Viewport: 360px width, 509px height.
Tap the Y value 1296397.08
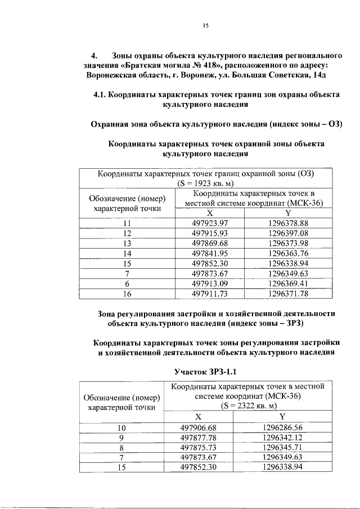[x=289, y=233]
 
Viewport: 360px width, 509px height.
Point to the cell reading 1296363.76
[x=289, y=253]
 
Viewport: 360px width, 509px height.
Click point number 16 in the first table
[x=127, y=294]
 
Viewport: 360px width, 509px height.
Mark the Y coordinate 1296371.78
[x=289, y=294]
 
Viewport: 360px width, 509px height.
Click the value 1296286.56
[x=282, y=427]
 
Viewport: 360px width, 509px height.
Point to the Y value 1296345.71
[x=282, y=447]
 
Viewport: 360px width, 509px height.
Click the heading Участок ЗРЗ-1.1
[x=210, y=372]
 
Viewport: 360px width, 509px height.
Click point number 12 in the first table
[x=127, y=233]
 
